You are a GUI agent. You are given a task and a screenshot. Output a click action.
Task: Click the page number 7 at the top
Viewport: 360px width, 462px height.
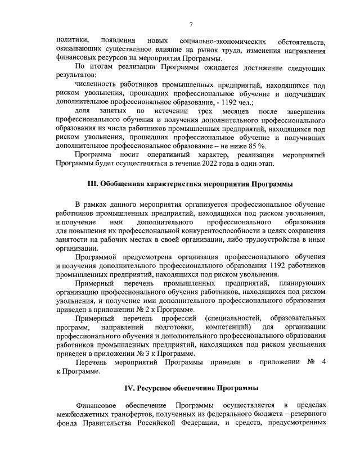point(191,24)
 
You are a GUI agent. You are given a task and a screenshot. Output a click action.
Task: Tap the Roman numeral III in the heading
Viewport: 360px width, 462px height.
point(92,185)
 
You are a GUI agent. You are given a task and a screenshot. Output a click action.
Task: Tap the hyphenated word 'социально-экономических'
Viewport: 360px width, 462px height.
point(217,41)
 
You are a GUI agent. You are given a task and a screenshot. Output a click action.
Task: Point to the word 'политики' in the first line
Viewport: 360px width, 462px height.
point(71,41)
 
